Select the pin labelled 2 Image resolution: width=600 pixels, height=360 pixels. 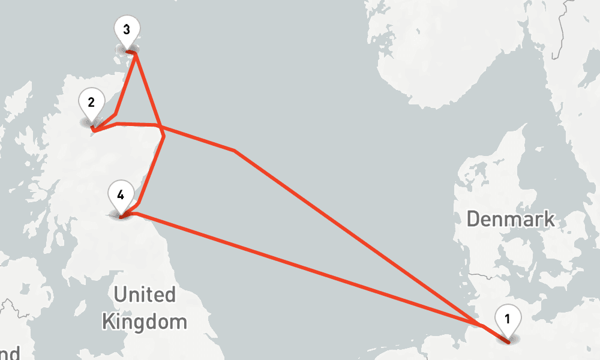(x=91, y=103)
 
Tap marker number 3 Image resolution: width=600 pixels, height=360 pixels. (x=127, y=29)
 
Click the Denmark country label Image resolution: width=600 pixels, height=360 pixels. (x=511, y=219)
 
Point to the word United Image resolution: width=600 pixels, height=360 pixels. (x=145, y=295)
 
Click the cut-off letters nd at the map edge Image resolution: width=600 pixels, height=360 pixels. (x=10, y=353)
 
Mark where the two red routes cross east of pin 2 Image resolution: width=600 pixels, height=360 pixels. (x=160, y=127)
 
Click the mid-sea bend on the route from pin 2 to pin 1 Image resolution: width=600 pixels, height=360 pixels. (x=234, y=150)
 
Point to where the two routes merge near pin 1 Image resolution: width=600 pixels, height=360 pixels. (x=482, y=326)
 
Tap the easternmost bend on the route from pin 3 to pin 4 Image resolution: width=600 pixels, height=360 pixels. (x=164, y=137)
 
